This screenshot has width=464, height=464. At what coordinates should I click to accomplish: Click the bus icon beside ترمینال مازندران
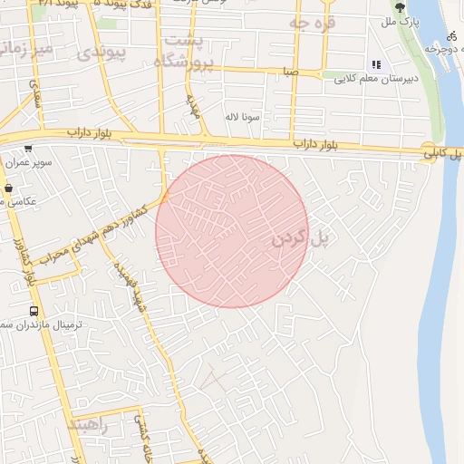pos(34,311)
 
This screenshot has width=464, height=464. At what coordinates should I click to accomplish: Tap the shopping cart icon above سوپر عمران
pos(29,150)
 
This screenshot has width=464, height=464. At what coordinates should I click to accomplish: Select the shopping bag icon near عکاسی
pos(8,188)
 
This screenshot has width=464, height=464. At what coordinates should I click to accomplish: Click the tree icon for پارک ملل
pos(401,7)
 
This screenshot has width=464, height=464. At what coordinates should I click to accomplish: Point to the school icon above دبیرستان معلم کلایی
pos(376,64)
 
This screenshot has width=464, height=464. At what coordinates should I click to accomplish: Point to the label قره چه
pos(313,22)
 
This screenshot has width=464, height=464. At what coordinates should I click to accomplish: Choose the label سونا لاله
pos(245,117)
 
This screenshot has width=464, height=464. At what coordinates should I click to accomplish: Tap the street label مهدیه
pos(192,108)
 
